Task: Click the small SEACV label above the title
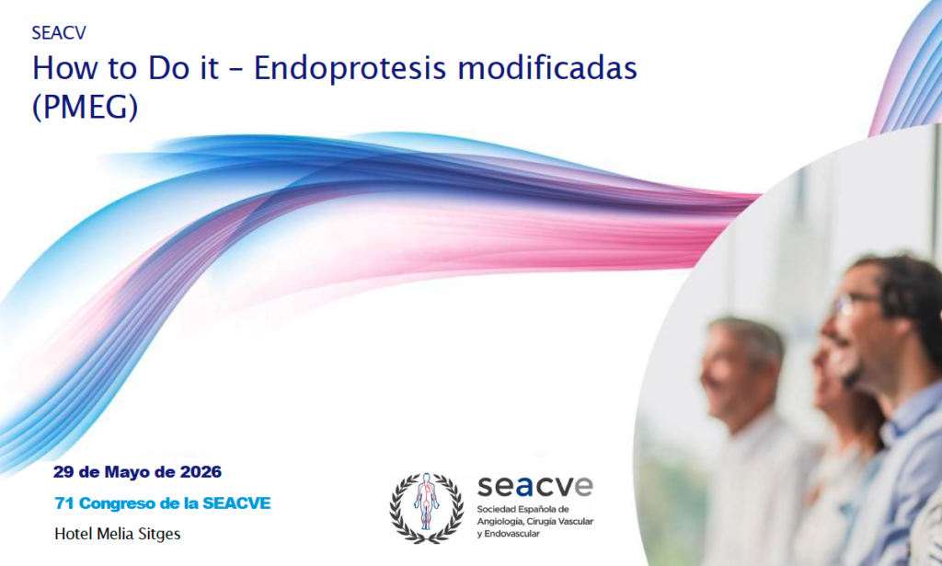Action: pyautogui.click(x=59, y=32)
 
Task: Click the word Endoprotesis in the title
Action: pyautogui.click(x=350, y=68)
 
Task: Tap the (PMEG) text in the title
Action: pyautogui.click(x=85, y=107)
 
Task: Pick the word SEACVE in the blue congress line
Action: pyautogui.click(x=236, y=503)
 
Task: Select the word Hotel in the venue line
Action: pyautogui.click(x=72, y=534)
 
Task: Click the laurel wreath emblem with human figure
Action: pyautogui.click(x=427, y=508)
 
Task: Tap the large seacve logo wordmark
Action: pyautogui.click(x=535, y=486)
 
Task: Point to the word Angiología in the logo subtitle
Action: pyautogui.click(x=500, y=522)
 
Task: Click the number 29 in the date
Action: pyautogui.click(x=63, y=472)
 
